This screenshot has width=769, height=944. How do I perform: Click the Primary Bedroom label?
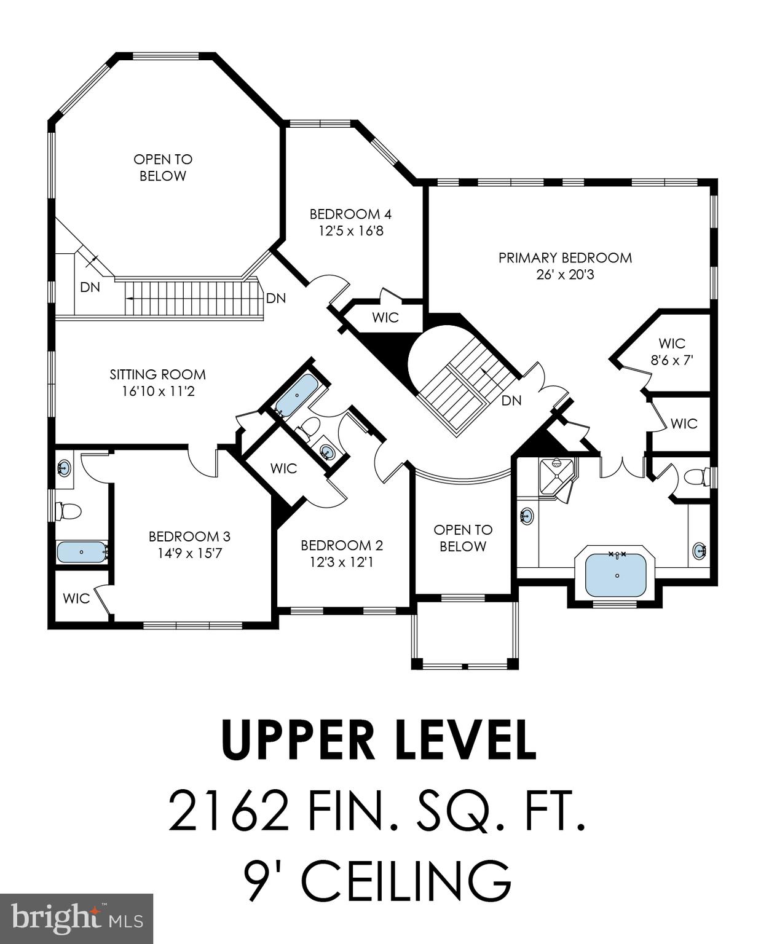564,258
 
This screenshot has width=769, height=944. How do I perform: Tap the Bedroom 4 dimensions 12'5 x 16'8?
350,232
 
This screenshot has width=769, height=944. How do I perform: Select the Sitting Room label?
157,374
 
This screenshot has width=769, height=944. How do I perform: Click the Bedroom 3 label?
189,537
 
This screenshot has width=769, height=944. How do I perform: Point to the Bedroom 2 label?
341,545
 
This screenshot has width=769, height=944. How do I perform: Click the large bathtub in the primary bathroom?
616,573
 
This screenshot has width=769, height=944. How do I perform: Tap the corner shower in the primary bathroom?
556,473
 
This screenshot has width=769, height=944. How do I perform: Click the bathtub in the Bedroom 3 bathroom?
82,552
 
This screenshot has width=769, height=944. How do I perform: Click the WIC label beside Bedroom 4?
385,318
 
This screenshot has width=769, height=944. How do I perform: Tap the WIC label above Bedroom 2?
283,468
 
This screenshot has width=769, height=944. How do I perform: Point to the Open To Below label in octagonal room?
163,167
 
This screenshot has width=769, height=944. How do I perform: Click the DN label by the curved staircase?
511,401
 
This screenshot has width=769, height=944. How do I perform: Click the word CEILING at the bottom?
406,880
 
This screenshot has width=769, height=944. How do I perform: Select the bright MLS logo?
76,918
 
